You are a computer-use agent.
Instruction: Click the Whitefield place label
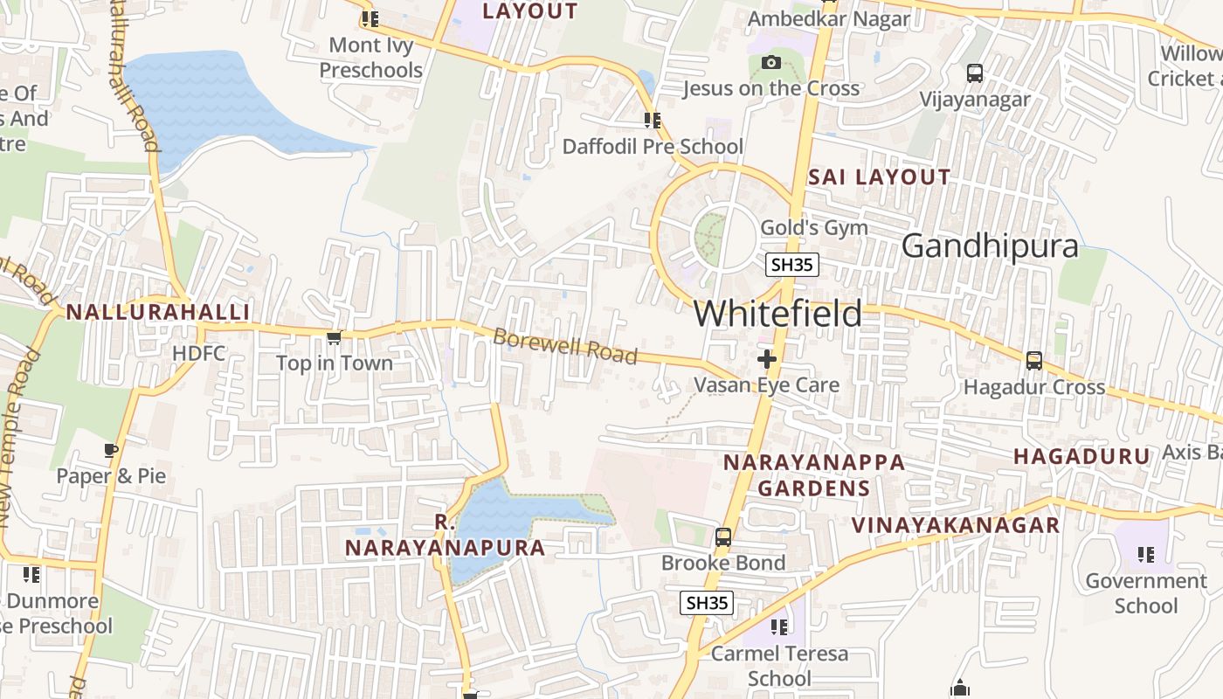[777, 314]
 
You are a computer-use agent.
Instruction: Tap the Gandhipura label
[990, 246]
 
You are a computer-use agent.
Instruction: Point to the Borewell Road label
[565, 346]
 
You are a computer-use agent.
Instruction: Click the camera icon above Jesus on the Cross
[770, 62]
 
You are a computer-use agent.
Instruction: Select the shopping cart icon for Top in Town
[333, 337]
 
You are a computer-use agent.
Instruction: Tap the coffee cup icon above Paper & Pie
[111, 451]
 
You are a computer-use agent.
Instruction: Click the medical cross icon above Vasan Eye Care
[767, 359]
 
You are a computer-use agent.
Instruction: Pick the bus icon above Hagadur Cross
[1033, 360]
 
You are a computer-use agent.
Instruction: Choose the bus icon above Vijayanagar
[975, 73]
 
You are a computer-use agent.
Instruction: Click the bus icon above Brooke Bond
[723, 537]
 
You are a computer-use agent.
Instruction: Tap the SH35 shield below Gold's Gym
[792, 265]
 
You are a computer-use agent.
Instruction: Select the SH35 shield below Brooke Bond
[707, 602]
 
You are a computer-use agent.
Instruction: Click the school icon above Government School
[1146, 554]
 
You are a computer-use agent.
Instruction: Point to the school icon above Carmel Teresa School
[779, 626]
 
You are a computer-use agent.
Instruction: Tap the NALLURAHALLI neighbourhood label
[158, 312]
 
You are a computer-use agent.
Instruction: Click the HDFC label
[198, 354]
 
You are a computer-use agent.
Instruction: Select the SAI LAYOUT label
[879, 177]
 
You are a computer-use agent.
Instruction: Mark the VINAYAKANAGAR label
[956, 525]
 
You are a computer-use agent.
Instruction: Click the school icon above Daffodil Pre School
[652, 121]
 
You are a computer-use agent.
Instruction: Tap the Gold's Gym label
[814, 228]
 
